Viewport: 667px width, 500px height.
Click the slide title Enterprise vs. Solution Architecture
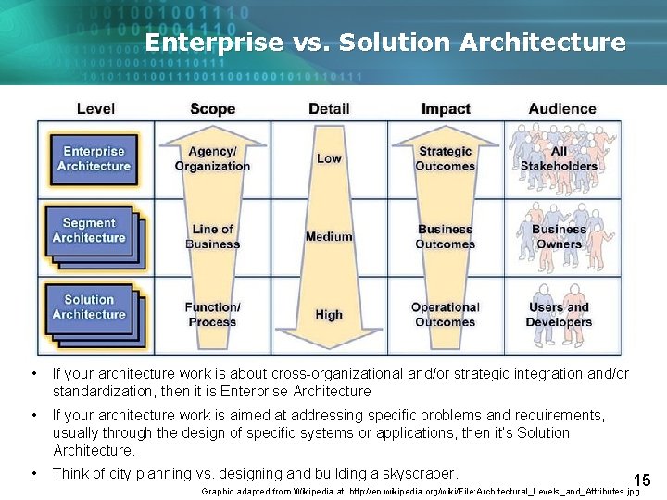385,43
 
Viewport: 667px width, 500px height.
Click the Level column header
95,109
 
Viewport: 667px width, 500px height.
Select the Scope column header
212,109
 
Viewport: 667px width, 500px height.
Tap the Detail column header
329,109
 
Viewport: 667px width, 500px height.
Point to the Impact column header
446,109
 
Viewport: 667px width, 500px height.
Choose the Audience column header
562,109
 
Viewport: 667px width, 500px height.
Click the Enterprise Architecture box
94,158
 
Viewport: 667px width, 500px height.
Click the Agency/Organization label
212,159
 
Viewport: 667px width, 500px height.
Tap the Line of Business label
212,237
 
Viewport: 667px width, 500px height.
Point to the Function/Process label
212,315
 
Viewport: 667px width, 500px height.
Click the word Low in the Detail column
329,158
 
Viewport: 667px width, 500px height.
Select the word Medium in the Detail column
329,237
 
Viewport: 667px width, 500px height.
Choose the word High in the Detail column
329,315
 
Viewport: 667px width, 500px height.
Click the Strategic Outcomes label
446,159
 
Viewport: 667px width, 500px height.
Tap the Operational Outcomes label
446,315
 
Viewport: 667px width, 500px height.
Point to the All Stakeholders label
559,159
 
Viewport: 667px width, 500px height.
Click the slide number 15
642,480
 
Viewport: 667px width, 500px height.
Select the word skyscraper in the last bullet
421,473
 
